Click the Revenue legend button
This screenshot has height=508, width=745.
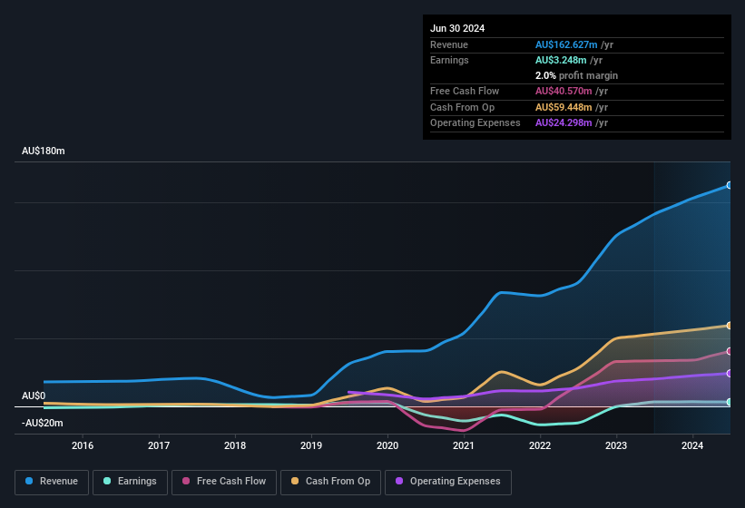[52, 481]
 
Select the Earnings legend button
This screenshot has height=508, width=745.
[130, 481]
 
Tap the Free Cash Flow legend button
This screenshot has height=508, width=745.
[224, 481]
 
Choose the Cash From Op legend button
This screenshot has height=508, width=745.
[329, 481]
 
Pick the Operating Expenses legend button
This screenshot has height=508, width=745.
[448, 481]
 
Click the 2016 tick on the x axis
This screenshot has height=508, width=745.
[83, 445]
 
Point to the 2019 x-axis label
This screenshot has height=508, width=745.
[311, 445]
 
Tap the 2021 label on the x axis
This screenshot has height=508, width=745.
[464, 445]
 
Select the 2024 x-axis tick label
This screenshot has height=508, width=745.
[692, 445]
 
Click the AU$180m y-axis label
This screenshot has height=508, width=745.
[44, 151]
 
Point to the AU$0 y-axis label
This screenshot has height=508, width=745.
[34, 396]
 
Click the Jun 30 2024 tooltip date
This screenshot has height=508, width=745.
[457, 28]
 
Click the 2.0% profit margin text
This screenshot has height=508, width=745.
[576, 75]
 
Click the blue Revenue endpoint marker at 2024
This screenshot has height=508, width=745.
[729, 185]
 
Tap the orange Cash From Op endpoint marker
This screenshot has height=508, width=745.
[729, 326]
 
